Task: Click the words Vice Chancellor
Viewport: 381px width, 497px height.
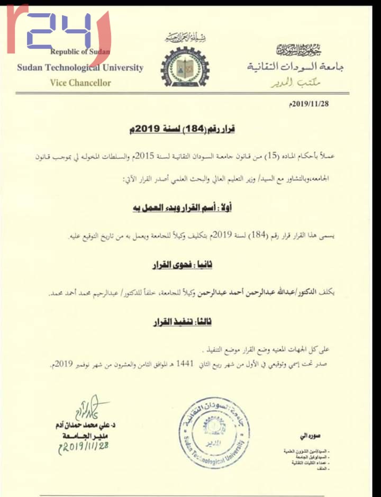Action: (x=80, y=83)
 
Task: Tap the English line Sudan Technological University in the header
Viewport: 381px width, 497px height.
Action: (x=80, y=68)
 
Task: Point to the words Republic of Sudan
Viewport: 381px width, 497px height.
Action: (x=80, y=52)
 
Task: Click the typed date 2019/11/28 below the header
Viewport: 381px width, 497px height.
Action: (x=310, y=103)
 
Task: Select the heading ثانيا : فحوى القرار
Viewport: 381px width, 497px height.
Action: (x=190, y=263)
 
